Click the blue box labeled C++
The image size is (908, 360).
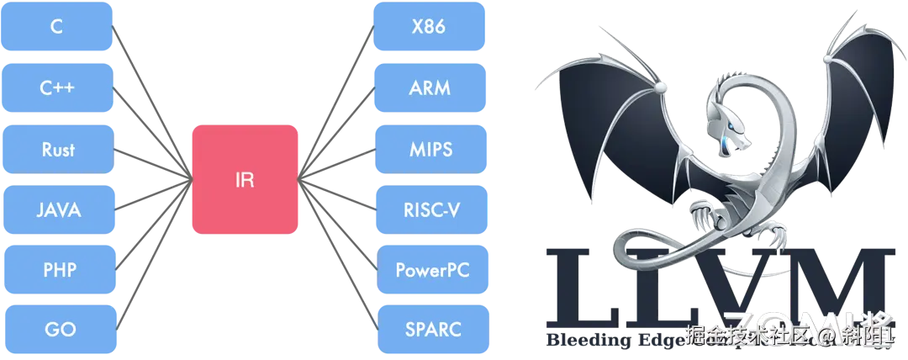click(57, 87)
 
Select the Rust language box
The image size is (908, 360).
click(57, 149)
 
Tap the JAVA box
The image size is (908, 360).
click(57, 209)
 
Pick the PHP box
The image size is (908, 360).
click(57, 270)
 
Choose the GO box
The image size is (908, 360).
click(57, 330)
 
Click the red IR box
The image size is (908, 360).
click(245, 179)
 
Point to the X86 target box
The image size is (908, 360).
click(429, 27)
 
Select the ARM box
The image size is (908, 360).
click(429, 87)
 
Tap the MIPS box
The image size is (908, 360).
click(429, 149)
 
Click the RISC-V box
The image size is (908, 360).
click(429, 209)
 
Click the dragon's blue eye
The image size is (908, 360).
click(734, 128)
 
